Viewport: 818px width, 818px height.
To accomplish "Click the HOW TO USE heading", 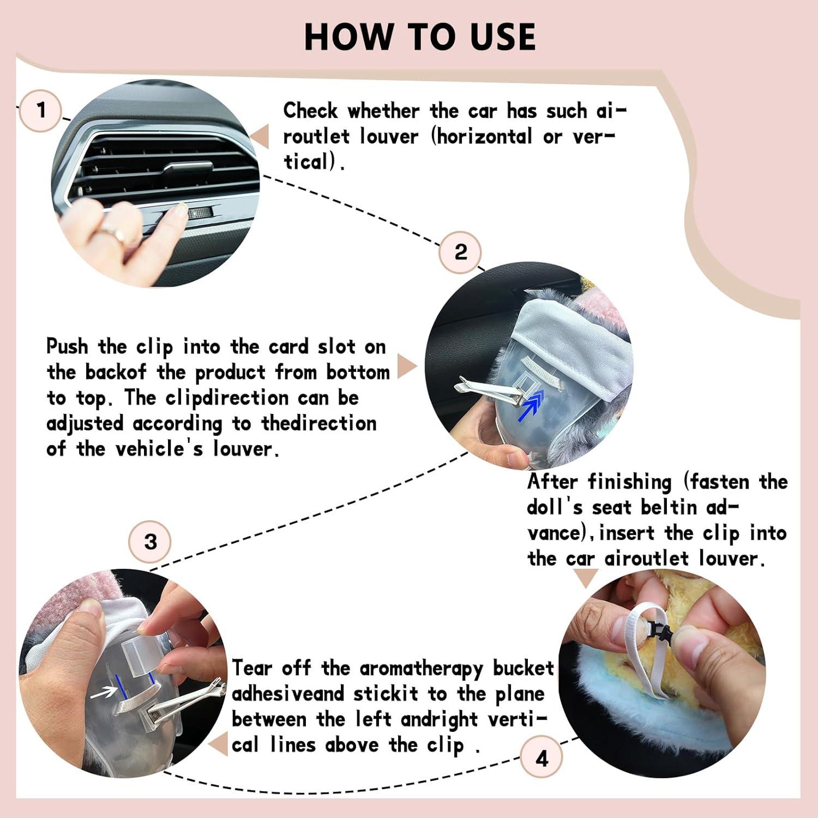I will (x=419, y=37).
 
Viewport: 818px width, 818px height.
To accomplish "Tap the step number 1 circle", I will (x=41, y=111).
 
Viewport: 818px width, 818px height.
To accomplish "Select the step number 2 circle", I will (x=461, y=252).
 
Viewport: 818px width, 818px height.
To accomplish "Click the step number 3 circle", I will (x=151, y=542).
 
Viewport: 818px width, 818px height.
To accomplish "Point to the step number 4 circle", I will (x=542, y=759).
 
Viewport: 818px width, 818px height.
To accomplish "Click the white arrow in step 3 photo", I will (x=104, y=693).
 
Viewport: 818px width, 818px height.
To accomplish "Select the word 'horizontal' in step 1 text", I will (x=484, y=136).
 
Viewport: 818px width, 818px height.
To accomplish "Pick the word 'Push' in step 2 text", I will (x=67, y=347).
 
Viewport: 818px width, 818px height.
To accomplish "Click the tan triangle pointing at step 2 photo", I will (x=406, y=366).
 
